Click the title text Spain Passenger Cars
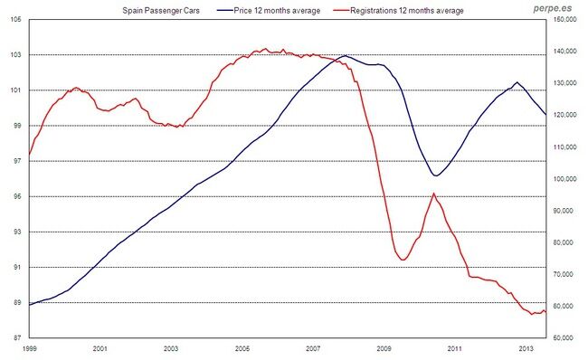pos(159,11)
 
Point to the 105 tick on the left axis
pos(18,20)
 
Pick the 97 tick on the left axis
pos(18,161)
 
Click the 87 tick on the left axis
pos(18,338)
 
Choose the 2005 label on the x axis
pos(242,348)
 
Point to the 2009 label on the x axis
pos(384,348)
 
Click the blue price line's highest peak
pos(344,56)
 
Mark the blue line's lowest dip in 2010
pos(435,175)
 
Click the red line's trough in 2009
pos(403,260)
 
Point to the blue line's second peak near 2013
pos(517,82)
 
